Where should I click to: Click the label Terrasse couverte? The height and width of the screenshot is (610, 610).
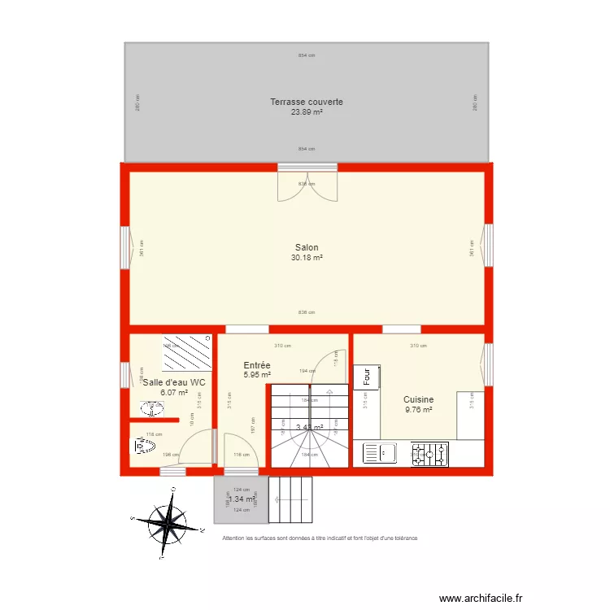coord(307,102)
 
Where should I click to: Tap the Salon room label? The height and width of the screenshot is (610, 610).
coord(307,247)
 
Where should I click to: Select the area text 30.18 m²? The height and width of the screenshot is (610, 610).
coord(307,258)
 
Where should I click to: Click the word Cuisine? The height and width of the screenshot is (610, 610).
coord(418,399)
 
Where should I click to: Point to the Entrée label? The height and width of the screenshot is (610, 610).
coord(257,365)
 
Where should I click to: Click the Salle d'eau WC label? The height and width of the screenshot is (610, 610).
coord(174,382)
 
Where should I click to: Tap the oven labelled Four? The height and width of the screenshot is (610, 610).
coord(367,377)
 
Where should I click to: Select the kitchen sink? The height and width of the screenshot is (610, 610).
coord(379,454)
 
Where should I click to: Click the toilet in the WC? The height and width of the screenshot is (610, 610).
coord(146,447)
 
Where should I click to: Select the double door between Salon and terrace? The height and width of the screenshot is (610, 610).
coord(307,186)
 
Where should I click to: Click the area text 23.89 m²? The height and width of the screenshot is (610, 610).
coord(307,112)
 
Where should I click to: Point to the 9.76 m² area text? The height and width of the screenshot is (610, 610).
coord(418,410)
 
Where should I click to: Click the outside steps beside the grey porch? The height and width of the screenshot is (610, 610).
coord(290,499)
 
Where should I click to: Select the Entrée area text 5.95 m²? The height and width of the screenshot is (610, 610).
coord(257,375)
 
